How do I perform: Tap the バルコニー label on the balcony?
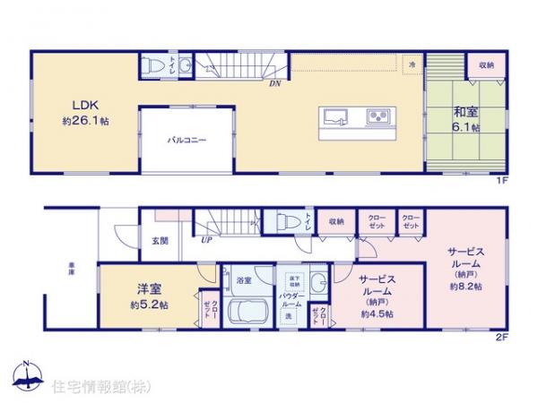tap(187, 141)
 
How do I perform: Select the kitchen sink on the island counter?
tap(337, 116)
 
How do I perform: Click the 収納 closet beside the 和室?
tap(485, 65)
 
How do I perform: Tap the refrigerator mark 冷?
tap(412, 65)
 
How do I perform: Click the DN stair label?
tap(273, 83)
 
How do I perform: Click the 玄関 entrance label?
tap(159, 240)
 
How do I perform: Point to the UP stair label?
tap(206, 240)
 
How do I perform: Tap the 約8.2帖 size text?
tap(467, 287)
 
